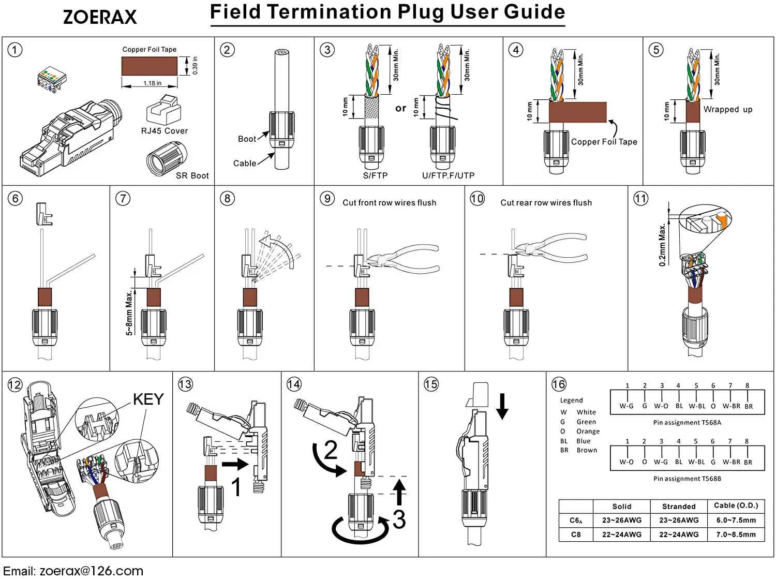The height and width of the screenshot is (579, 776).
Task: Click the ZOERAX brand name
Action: click(100, 17)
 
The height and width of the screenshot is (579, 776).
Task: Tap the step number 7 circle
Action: click(123, 198)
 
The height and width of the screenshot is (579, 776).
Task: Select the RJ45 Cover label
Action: click(165, 131)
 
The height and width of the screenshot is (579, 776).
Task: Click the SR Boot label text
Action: click(192, 176)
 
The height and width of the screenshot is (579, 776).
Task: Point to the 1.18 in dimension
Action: click(153, 83)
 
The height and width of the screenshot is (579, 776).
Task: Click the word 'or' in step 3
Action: click(400, 108)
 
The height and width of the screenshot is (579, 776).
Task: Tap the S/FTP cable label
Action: click(375, 176)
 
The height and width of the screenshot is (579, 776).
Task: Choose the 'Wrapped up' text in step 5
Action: click(728, 110)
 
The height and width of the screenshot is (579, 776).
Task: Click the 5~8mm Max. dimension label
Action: click(129, 313)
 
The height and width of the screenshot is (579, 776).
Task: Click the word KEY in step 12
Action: click(148, 399)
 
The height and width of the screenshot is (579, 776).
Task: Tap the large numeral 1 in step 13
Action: click(236, 486)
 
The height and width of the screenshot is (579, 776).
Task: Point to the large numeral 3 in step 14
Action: click(399, 519)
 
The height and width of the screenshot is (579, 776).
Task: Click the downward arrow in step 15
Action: click(502, 406)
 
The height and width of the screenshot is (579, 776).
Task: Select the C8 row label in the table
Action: click(576, 535)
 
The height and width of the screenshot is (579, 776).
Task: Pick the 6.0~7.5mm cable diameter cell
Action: click(736, 520)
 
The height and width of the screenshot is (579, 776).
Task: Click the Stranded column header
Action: click(679, 507)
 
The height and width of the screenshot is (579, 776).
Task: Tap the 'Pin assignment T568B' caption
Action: click(687, 479)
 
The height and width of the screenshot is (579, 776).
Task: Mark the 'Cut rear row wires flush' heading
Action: click(546, 202)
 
